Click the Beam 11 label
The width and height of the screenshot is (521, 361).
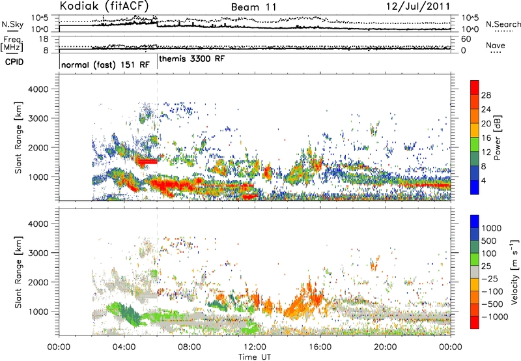tap(250, 7)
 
